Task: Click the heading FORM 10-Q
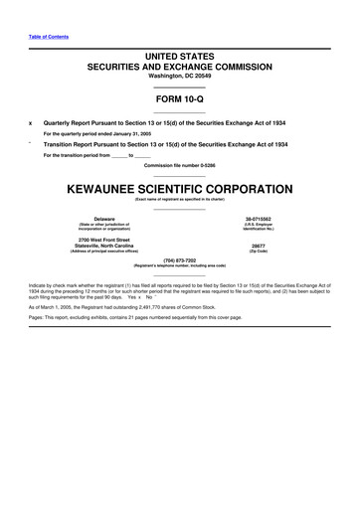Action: [179, 101]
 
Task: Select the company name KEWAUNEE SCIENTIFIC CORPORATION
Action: [180, 188]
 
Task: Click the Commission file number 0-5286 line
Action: [180, 164]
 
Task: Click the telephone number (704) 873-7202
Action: [180, 260]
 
